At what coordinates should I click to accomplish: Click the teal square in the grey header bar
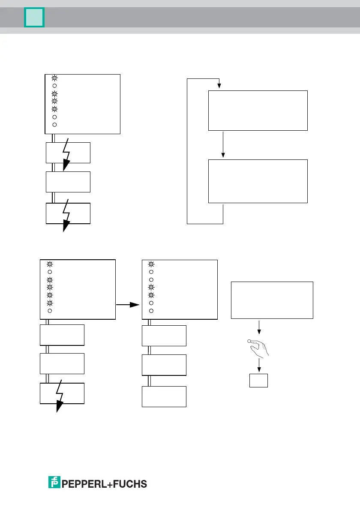click(34, 17)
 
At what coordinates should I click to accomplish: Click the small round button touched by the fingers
click(249, 341)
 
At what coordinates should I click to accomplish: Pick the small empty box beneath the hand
click(258, 381)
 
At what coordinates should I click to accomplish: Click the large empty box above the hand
click(272, 300)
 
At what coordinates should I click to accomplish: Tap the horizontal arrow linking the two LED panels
click(129, 304)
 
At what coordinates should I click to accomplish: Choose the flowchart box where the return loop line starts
click(258, 181)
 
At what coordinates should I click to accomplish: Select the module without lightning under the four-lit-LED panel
click(68, 182)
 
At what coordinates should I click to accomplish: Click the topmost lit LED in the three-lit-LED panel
click(151, 264)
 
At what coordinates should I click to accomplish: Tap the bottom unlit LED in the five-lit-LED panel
click(50, 310)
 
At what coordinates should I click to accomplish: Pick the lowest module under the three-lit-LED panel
click(164, 396)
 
